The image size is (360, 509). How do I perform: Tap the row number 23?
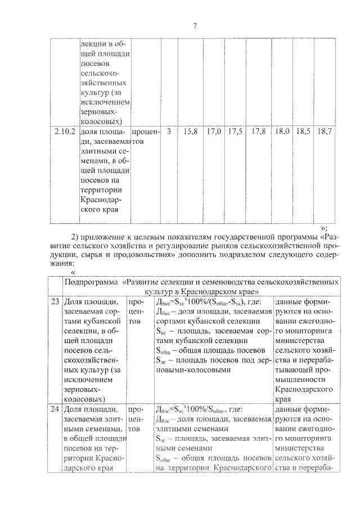(55, 302)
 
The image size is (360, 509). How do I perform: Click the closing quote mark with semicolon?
(324, 227)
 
